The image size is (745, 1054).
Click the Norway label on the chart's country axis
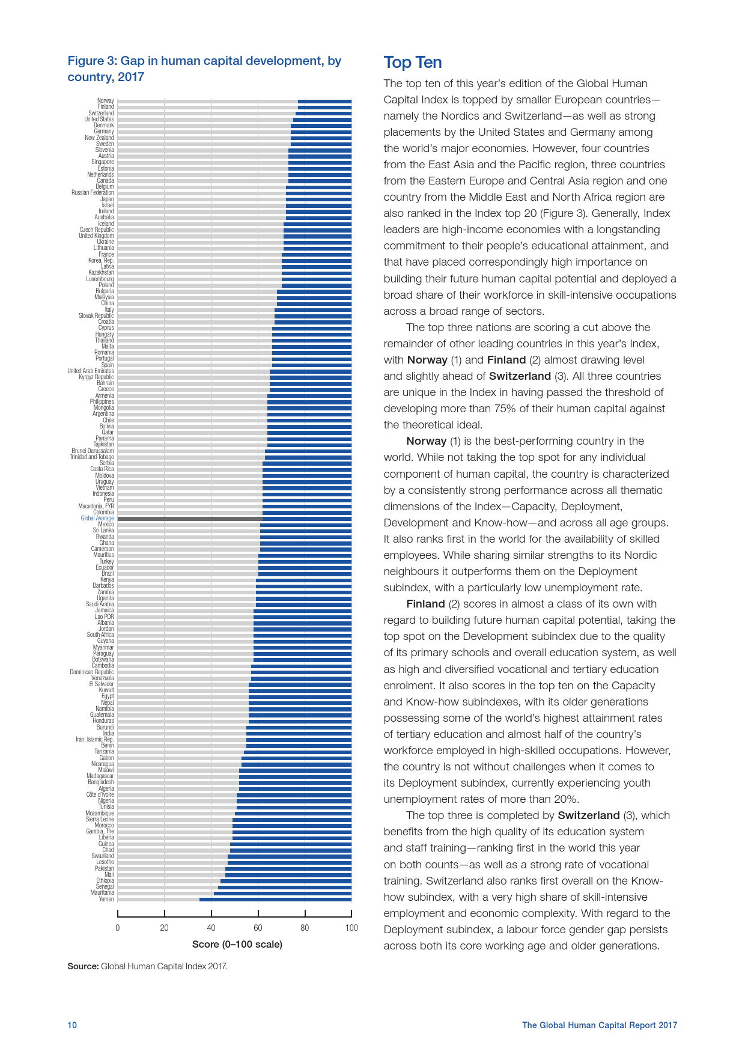coord(106,101)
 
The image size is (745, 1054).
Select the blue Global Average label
coord(97,518)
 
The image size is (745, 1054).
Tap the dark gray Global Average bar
coord(189,519)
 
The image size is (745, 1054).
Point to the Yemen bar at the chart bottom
coord(275,900)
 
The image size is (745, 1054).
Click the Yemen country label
coord(106,900)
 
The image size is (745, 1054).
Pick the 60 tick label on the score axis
coord(258,928)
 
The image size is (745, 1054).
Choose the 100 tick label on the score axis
coord(351,928)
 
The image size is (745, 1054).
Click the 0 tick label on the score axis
coord(118,928)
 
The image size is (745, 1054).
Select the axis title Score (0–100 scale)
coord(237,944)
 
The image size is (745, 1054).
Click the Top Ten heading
coord(413,62)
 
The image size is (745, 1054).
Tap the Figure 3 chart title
coord(204,69)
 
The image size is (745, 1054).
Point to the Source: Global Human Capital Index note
coord(147,966)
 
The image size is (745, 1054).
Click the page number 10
coord(72,1025)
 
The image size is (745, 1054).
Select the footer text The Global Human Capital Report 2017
coord(599,1025)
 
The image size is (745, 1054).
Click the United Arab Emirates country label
coord(91,371)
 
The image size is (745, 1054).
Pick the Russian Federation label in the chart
coord(93,193)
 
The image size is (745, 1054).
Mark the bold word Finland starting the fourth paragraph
coord(425,604)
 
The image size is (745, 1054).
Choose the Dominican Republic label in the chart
coord(92,672)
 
